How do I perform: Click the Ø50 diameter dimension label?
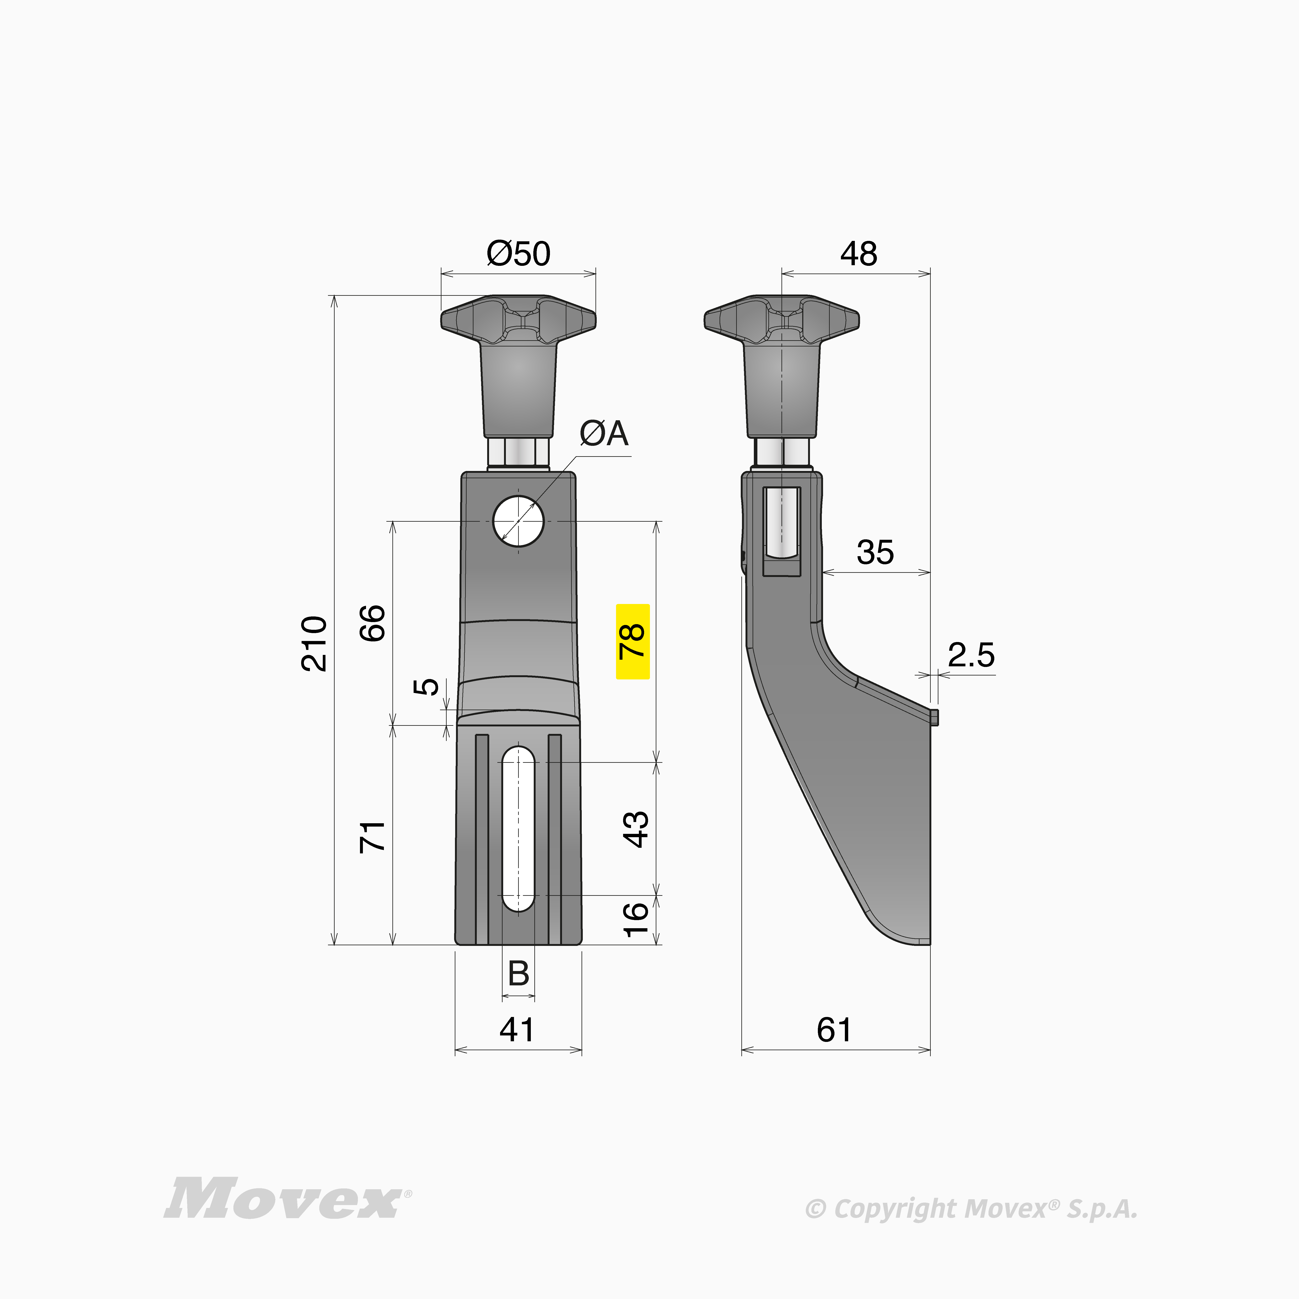(518, 254)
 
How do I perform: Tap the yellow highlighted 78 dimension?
(633, 641)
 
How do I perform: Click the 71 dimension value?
(373, 836)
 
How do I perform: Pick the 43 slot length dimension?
(636, 829)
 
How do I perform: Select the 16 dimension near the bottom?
(636, 919)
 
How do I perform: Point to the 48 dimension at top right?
(859, 254)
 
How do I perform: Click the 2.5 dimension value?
(971, 655)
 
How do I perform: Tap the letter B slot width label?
(518, 973)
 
